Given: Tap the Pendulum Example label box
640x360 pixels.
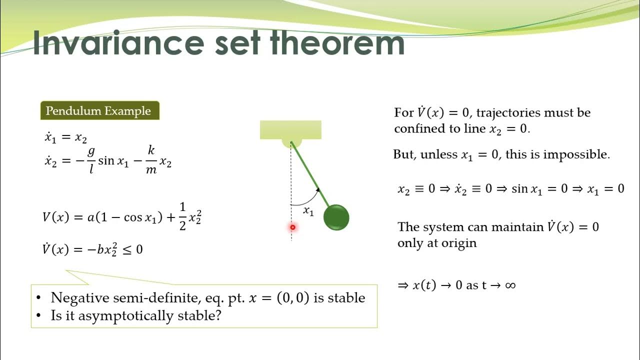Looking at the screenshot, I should pyautogui.click(x=99, y=110).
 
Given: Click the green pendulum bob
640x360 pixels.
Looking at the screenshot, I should pyautogui.click(x=336, y=217).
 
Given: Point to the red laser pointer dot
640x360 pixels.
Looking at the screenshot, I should pyautogui.click(x=292, y=227).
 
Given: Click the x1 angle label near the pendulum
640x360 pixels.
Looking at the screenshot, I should pyautogui.click(x=308, y=211).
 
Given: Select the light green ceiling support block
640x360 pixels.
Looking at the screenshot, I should pyautogui.click(x=290, y=130).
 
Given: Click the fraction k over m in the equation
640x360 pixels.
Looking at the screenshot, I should pyautogui.click(x=151, y=160).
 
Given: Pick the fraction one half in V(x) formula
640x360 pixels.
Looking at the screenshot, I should pyautogui.click(x=182, y=217).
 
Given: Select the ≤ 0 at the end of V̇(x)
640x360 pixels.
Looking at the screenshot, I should pyautogui.click(x=132, y=249).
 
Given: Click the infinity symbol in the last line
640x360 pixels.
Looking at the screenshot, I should pyautogui.click(x=509, y=285).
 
